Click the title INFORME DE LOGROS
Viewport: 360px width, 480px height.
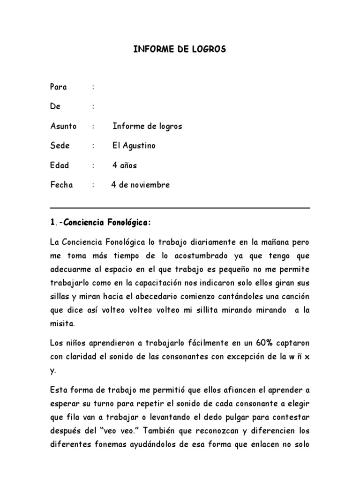click(x=180, y=49)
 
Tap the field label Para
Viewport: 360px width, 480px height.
click(x=59, y=87)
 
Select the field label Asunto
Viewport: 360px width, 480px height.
click(x=63, y=126)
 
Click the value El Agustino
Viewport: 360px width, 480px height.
click(x=134, y=146)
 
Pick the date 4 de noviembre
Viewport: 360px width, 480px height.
click(x=141, y=185)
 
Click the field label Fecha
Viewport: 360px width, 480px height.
click(x=62, y=185)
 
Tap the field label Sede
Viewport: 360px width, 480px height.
click(x=60, y=146)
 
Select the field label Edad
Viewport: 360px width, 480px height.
click(x=60, y=165)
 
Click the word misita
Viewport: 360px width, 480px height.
click(x=63, y=324)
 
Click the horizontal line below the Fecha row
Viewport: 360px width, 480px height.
click(x=180, y=207)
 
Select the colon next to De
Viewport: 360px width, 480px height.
click(x=94, y=107)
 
